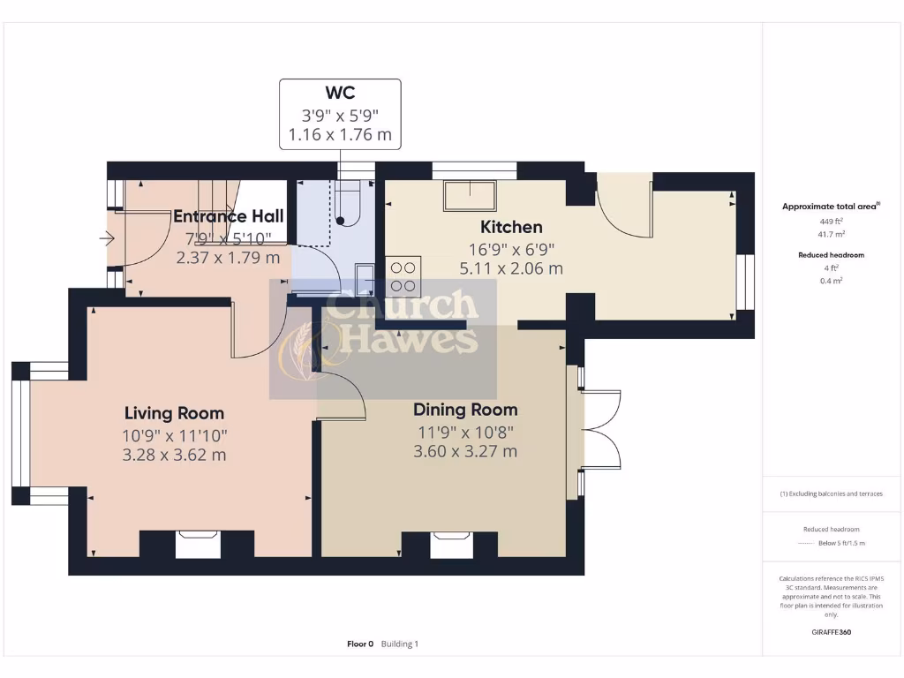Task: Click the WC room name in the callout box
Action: (x=340, y=93)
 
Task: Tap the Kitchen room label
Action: (x=511, y=227)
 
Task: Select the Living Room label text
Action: (x=174, y=412)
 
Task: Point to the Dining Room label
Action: (x=465, y=410)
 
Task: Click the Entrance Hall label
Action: (x=228, y=216)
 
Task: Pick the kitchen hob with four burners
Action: (x=403, y=275)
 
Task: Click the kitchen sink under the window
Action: (x=469, y=195)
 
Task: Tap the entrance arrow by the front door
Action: (x=107, y=237)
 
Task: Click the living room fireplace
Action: (x=197, y=544)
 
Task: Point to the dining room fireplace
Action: (x=450, y=544)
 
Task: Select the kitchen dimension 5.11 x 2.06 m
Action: (x=511, y=268)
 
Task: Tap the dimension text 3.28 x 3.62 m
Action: (x=174, y=455)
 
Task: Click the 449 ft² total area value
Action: (x=830, y=221)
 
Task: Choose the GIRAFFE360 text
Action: (x=830, y=632)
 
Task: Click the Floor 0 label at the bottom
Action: (x=360, y=644)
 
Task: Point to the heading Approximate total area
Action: (x=830, y=207)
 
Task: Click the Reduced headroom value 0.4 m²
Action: (x=830, y=281)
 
